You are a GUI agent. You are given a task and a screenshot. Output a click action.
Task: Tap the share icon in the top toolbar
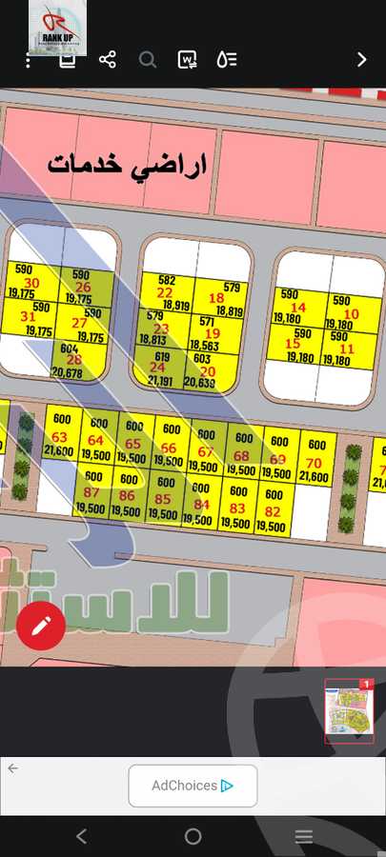(x=107, y=60)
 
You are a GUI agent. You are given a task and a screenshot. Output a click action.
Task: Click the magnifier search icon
(x=147, y=60)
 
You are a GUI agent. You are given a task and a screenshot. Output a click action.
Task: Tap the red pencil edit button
(x=41, y=626)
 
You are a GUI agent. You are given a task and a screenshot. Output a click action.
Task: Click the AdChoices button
(x=193, y=786)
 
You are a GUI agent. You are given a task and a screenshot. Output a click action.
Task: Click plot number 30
(x=31, y=284)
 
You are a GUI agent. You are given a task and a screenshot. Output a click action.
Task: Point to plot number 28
(x=74, y=360)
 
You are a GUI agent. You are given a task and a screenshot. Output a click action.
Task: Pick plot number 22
(x=165, y=293)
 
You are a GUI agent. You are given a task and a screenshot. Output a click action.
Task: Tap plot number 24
(x=157, y=368)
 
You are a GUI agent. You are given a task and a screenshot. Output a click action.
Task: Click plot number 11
(x=348, y=349)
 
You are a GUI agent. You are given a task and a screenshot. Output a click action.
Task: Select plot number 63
(x=59, y=438)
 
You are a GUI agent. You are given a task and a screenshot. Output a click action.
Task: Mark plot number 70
(x=315, y=464)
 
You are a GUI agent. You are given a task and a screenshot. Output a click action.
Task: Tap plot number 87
(x=91, y=492)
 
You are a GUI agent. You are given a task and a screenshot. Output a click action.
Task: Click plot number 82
(x=273, y=511)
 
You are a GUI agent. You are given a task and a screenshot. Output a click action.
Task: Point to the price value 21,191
(x=159, y=381)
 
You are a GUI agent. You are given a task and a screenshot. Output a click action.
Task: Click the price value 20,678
(x=66, y=373)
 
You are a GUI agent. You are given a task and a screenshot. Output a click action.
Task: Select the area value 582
(x=167, y=280)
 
